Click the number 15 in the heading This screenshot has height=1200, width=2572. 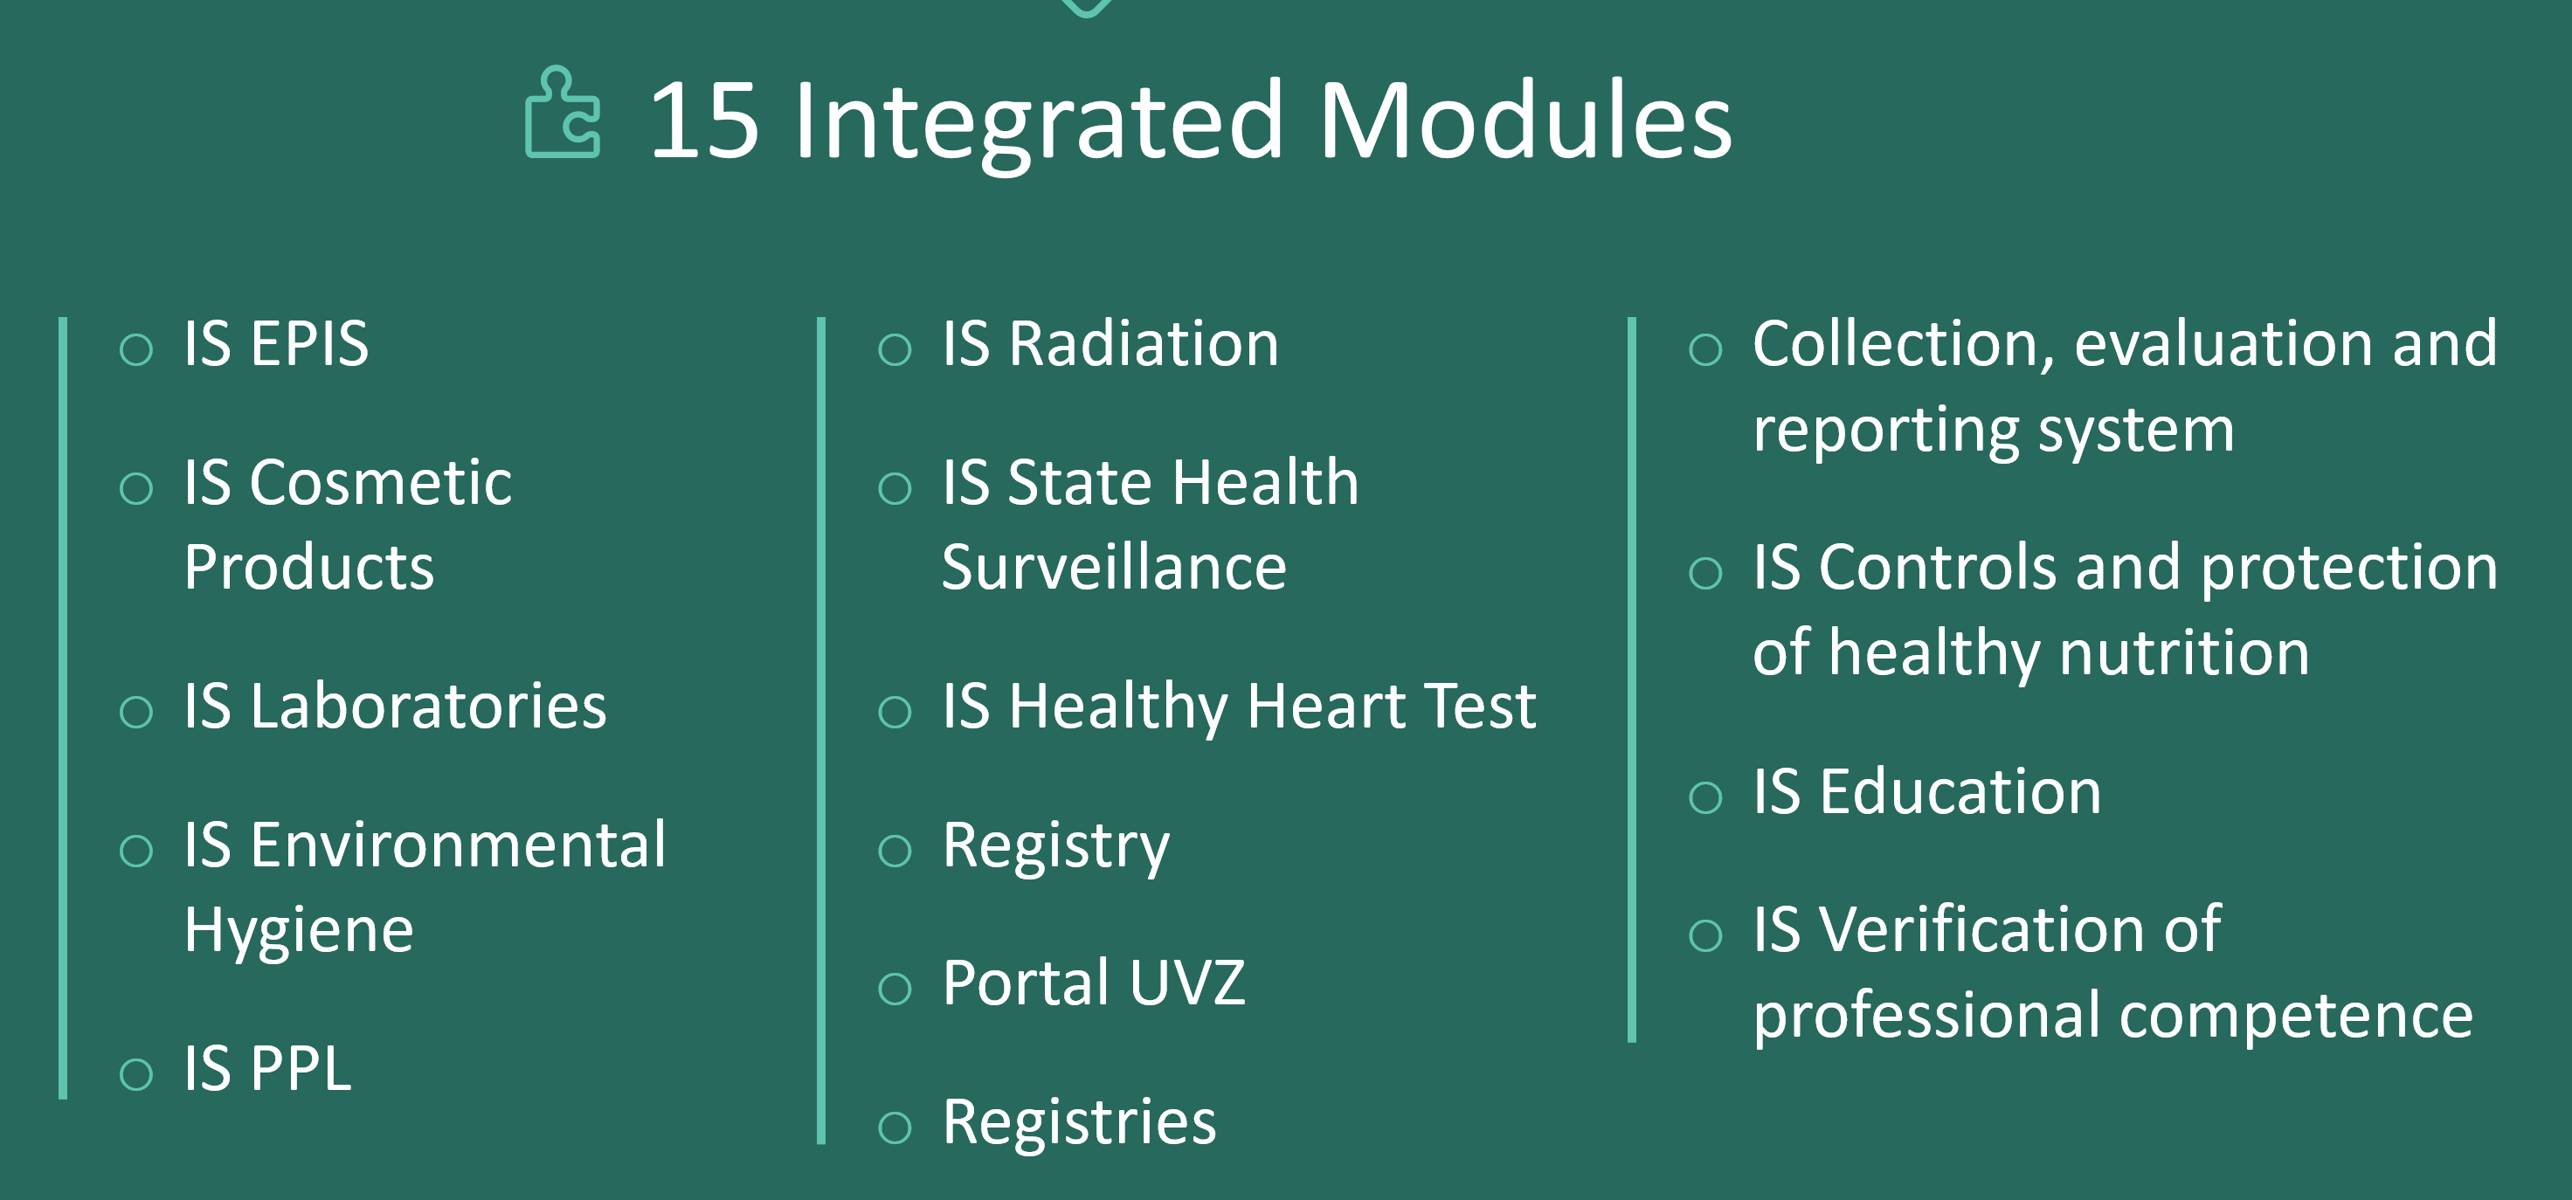click(x=703, y=121)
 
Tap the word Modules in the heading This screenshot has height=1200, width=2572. click(x=1525, y=120)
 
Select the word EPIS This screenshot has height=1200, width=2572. click(x=308, y=343)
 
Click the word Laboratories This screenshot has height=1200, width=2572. click(x=427, y=706)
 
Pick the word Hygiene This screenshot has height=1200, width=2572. click(x=299, y=932)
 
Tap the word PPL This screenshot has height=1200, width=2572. click(x=301, y=1068)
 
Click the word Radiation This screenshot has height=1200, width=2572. click(x=1144, y=343)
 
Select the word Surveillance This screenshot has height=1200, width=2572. click(x=1114, y=567)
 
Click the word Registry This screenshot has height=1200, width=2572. click(x=1056, y=847)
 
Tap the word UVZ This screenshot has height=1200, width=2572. click(x=1188, y=983)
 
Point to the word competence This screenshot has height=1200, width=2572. click(x=2297, y=1017)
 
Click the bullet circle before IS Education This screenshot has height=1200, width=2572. click(x=1705, y=797)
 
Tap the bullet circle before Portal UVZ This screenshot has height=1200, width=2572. click(x=895, y=989)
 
